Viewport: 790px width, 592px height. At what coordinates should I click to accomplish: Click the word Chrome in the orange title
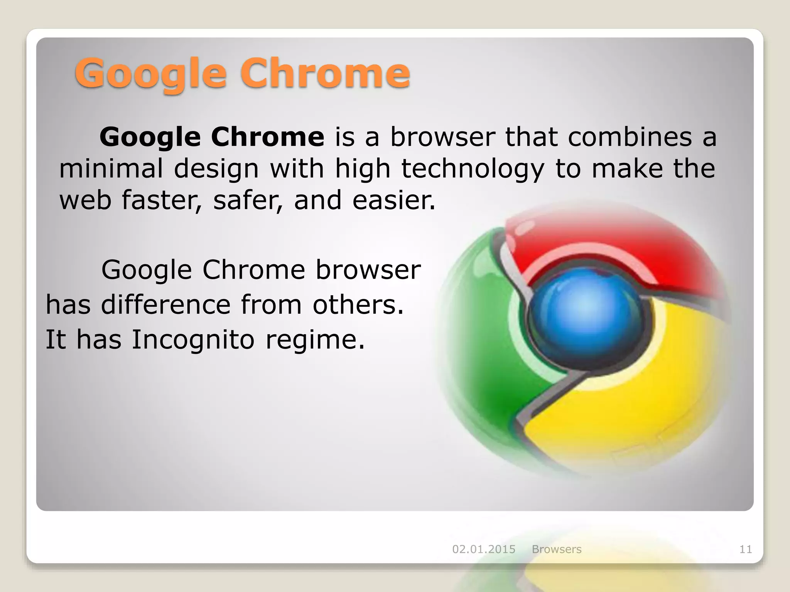click(325, 73)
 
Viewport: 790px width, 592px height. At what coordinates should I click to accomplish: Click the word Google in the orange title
click(150, 74)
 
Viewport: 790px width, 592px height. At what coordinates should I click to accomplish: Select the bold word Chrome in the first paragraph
click(267, 137)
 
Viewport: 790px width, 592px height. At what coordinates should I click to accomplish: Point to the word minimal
click(111, 169)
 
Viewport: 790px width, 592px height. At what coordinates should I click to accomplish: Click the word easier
click(394, 200)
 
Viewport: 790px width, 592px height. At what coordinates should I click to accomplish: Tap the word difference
click(165, 304)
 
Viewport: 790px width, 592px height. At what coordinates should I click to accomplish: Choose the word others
click(358, 304)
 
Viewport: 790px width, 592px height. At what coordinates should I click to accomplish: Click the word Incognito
click(193, 340)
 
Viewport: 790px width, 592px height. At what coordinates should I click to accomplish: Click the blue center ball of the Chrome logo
click(584, 312)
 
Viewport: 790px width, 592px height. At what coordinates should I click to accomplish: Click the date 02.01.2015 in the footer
click(484, 549)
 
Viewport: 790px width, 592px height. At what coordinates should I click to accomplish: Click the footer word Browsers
click(557, 549)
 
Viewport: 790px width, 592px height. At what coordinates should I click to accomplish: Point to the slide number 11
click(746, 549)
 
